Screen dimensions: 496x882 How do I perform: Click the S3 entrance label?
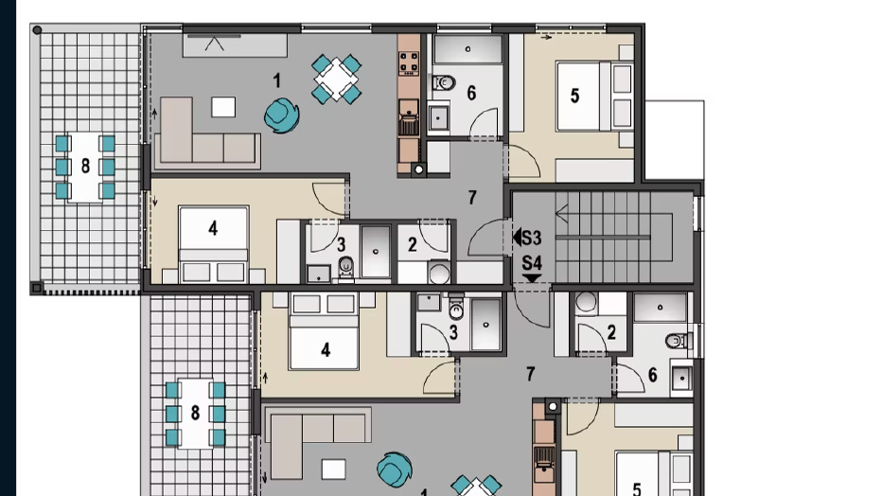[532, 238]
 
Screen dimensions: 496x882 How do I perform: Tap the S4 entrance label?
[532, 262]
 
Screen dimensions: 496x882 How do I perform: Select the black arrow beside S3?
[517, 238]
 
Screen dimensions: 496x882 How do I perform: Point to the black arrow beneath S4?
[532, 277]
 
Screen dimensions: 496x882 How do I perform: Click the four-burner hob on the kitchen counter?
[409, 63]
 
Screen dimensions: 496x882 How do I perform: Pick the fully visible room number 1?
[276, 81]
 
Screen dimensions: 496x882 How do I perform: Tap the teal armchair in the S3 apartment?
[280, 115]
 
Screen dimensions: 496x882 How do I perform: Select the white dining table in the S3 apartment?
[336, 80]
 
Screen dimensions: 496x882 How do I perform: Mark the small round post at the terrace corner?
[37, 30]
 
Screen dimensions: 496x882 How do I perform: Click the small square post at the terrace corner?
[37, 287]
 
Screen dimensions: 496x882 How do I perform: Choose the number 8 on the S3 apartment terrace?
[85, 167]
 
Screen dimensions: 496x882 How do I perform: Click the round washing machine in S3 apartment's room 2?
[439, 274]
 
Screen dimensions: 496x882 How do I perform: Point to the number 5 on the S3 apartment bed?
[574, 96]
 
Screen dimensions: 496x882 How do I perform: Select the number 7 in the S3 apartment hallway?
[471, 198]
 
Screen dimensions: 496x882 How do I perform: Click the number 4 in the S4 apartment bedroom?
[326, 350]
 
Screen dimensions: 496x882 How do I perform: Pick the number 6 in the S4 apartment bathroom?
[653, 376]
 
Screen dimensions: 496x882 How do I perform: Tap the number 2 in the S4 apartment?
[612, 332]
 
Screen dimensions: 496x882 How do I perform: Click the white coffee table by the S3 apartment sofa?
[223, 107]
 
